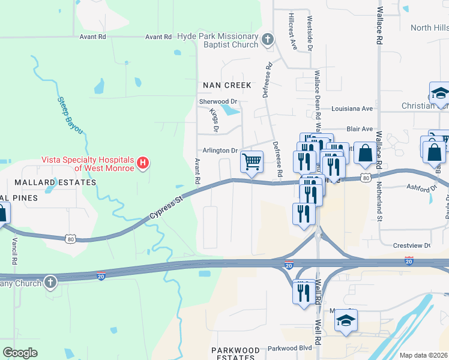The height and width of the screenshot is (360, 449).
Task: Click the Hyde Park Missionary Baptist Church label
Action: (x=217, y=40)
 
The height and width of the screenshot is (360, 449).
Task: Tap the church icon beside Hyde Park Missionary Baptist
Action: (x=268, y=40)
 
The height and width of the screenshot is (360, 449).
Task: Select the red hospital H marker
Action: (x=143, y=163)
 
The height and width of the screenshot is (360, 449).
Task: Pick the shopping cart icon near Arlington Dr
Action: (x=252, y=161)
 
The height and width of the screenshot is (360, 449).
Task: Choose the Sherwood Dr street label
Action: (x=218, y=102)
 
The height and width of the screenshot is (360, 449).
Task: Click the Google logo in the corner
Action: (x=20, y=352)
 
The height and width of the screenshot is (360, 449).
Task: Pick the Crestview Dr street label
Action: (x=411, y=245)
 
